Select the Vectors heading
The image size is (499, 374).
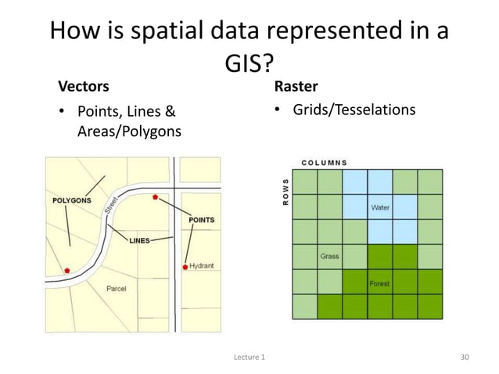pyautogui.click(x=81, y=85)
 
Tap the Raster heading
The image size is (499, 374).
pyautogui.click(x=296, y=85)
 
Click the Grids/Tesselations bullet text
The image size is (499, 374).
pyautogui.click(x=354, y=110)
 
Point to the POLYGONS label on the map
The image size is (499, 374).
pyautogui.click(x=71, y=200)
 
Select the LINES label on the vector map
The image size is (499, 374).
pyautogui.click(x=139, y=240)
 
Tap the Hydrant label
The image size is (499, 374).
pyautogui.click(x=202, y=266)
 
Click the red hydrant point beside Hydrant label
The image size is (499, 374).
pyautogui.click(x=185, y=267)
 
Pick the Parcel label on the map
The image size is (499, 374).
pyautogui.click(x=117, y=289)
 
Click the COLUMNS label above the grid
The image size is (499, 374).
pyautogui.click(x=325, y=163)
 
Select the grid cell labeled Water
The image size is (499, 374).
pyautogui.click(x=380, y=207)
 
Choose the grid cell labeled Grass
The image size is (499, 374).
pyautogui.click(x=330, y=256)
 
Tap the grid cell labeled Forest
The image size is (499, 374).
pyautogui.click(x=380, y=282)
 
